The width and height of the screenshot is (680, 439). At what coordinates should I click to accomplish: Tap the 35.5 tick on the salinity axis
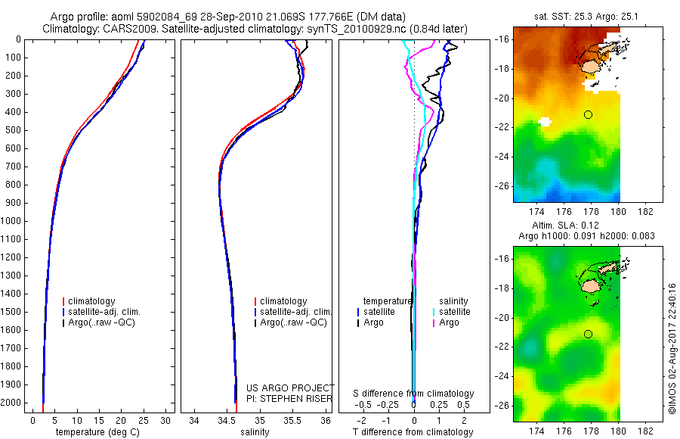point(292,420)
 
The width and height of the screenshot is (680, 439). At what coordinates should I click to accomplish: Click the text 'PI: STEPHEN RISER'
point(289,398)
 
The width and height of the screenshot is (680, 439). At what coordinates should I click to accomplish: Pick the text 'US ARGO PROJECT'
point(289,388)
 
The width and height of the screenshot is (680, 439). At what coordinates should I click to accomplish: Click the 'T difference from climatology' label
point(414,432)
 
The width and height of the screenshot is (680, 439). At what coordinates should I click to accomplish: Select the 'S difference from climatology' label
point(414,394)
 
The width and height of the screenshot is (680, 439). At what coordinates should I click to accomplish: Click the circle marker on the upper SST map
point(588,114)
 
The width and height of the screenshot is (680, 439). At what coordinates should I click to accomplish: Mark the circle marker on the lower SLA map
point(588,334)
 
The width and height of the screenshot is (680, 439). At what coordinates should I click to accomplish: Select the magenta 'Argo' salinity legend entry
point(449,322)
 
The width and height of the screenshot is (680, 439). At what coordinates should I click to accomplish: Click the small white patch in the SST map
point(545,121)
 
